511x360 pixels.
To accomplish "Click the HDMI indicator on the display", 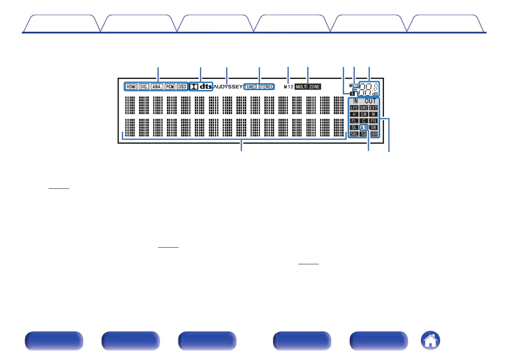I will (x=131, y=87).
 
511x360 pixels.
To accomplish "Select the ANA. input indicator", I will (x=157, y=87).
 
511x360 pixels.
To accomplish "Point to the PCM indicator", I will (x=170, y=87).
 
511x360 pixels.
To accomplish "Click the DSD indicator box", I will (x=182, y=87).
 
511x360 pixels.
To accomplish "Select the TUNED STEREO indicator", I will (x=259, y=87).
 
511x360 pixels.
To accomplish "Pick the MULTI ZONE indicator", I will (x=308, y=87).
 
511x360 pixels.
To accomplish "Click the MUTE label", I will (x=354, y=85).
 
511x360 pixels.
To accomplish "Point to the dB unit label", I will (x=375, y=94).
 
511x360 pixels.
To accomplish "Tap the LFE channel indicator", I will (x=354, y=108).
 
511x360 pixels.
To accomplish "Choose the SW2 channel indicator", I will (x=364, y=108).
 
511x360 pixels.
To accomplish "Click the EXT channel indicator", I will (x=373, y=108).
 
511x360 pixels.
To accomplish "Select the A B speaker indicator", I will (x=364, y=127).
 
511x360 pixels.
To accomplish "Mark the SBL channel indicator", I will (x=354, y=134).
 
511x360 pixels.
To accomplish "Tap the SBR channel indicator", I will (x=374, y=134).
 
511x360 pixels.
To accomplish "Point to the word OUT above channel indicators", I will (x=371, y=101).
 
